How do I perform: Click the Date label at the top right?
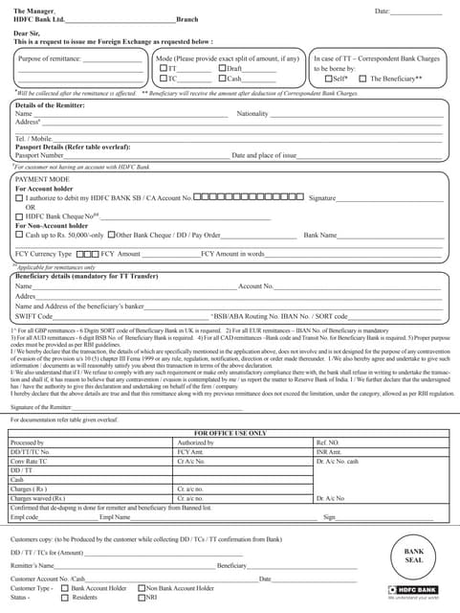coord(382,11)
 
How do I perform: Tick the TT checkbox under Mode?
coord(164,69)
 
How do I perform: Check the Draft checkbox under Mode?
coord(222,69)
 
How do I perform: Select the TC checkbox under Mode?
coord(164,79)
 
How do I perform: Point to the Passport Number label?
coord(39,154)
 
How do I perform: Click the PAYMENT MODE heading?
coord(42,178)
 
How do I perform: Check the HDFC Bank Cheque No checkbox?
coord(19,216)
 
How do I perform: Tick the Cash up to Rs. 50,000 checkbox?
coord(19,235)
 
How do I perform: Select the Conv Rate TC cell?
coord(29,461)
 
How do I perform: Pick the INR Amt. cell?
coord(328,451)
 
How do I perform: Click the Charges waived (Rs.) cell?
coord(37,498)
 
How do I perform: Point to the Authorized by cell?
coord(197,443)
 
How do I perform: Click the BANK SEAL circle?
coord(413,556)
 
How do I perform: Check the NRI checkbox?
coord(141,597)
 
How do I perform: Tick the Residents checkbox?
coord(65,597)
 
